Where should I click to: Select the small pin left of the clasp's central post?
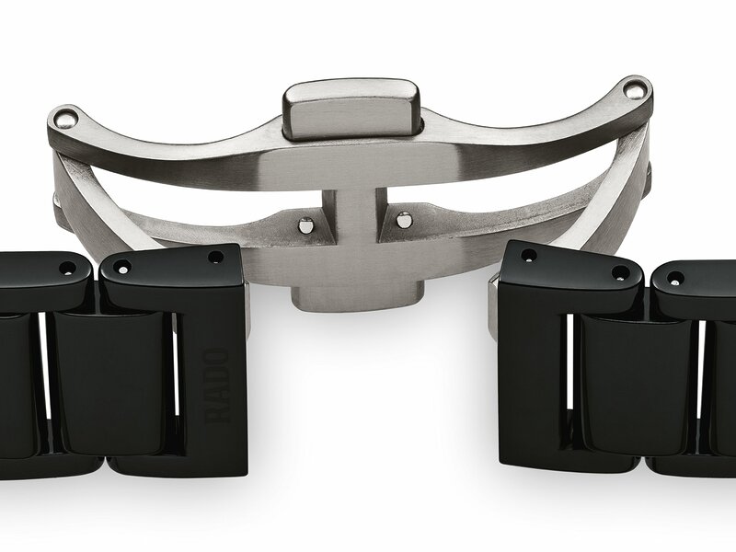pos(306,224)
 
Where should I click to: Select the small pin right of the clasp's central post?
pos(402,219)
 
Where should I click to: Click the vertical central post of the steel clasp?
pos(351,230)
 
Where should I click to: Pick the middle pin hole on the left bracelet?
pos(121,268)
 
